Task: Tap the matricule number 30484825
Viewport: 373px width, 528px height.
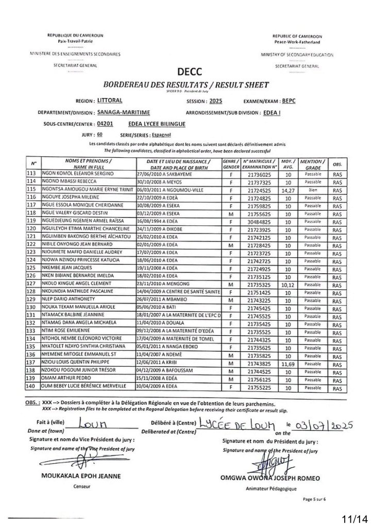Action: [256, 219]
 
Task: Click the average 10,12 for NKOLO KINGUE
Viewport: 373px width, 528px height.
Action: [290, 284]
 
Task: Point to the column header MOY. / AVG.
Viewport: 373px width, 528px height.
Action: [290, 165]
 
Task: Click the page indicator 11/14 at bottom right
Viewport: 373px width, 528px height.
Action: [354, 516]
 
